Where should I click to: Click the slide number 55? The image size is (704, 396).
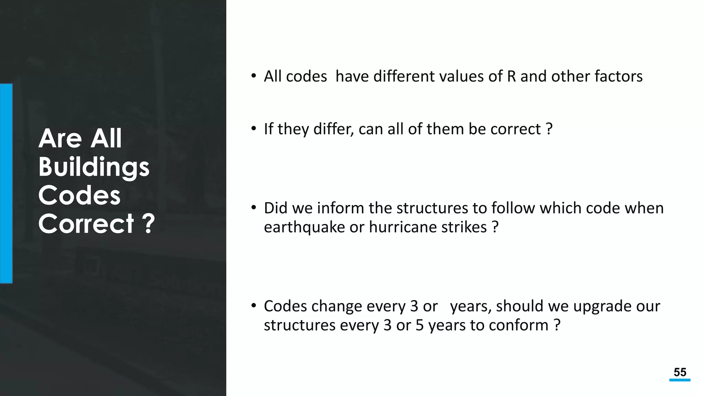pos(680,372)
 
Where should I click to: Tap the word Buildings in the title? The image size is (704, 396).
pos(94,167)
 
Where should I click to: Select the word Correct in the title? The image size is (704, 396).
pos(86,224)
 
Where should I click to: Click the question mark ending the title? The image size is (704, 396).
pos(148,224)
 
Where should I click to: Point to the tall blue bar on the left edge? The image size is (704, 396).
pos(6,183)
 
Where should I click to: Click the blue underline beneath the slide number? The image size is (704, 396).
pos(680,380)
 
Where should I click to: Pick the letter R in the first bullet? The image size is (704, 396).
pos(511,76)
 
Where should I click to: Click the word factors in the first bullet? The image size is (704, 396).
pos(618,76)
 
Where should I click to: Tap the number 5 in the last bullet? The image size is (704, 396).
pos(419,325)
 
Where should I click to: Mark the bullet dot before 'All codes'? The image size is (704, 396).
pos(254,76)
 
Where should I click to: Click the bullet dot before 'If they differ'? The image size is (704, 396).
pos(254,129)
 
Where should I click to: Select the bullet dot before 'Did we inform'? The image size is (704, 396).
pos(254,208)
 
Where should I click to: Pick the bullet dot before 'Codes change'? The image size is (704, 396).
pos(254,306)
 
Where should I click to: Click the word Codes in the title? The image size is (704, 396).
pos(79,195)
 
